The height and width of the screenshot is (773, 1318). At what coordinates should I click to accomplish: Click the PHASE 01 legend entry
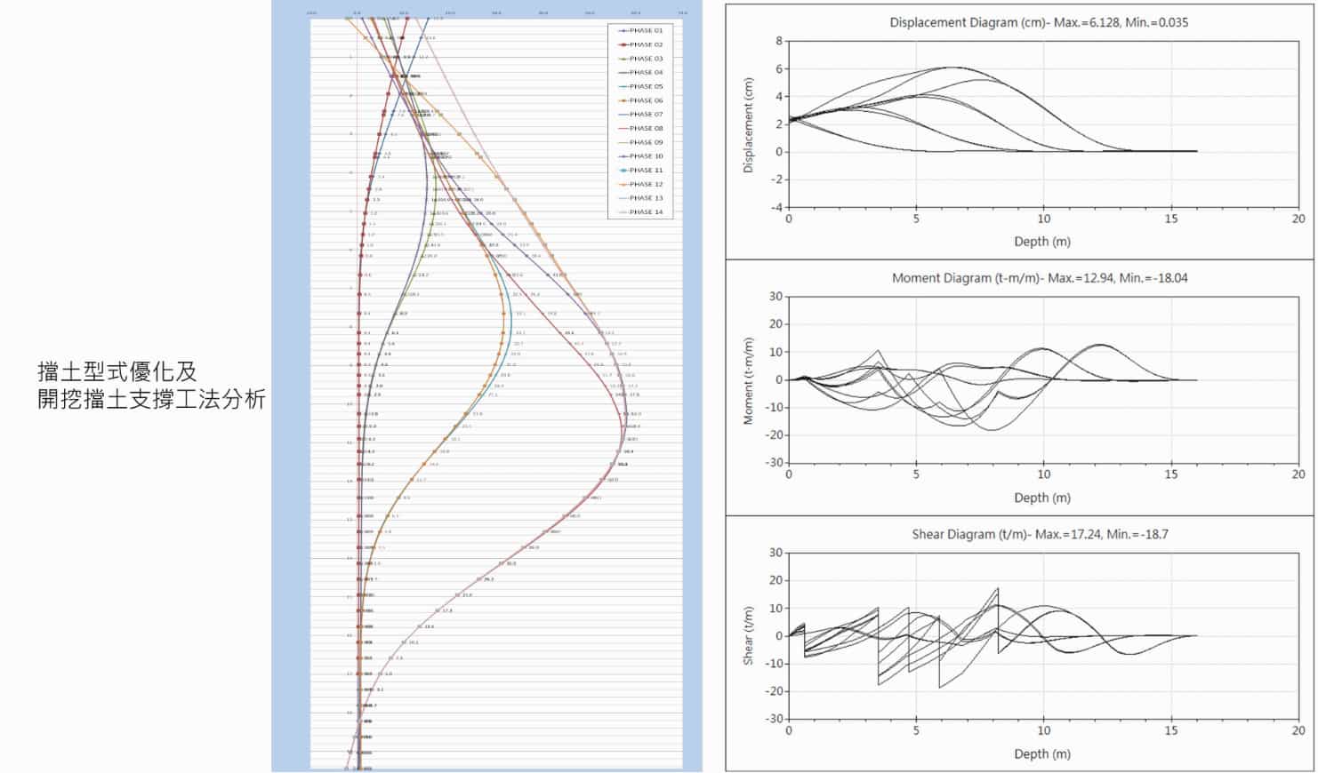[646, 31]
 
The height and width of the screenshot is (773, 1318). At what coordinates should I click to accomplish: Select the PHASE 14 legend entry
[646, 212]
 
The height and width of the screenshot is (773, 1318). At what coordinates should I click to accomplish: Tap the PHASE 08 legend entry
[646, 129]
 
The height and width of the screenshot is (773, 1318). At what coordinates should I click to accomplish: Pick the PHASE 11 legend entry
[646, 171]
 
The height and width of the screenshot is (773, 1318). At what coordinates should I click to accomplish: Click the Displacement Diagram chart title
[1038, 22]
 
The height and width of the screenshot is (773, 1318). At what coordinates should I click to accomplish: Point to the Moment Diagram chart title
[1039, 278]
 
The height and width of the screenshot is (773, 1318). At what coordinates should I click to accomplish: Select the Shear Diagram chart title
[1039, 534]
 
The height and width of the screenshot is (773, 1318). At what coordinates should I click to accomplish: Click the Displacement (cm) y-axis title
[749, 125]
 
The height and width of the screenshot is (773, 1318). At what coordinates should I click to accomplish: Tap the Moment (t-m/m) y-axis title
[749, 380]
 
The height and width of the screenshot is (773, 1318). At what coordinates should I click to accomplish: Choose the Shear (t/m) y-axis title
[749, 636]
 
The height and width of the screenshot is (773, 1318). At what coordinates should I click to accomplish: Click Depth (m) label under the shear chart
[1042, 753]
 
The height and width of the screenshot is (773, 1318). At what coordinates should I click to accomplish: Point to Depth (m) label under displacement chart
[1042, 242]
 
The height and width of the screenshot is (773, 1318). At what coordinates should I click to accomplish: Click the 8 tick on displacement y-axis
[778, 41]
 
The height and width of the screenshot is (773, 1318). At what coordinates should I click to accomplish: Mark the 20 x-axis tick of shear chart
[1298, 730]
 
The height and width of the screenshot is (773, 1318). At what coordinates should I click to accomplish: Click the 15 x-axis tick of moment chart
[1171, 474]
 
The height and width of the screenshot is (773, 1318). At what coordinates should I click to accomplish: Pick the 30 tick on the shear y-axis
[776, 553]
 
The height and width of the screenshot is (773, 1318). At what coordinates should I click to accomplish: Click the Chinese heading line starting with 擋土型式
[117, 371]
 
